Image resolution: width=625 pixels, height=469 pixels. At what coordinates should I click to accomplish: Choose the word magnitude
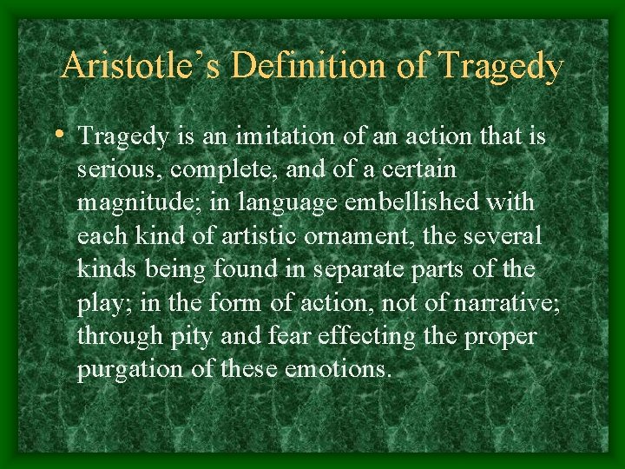pos(126,202)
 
